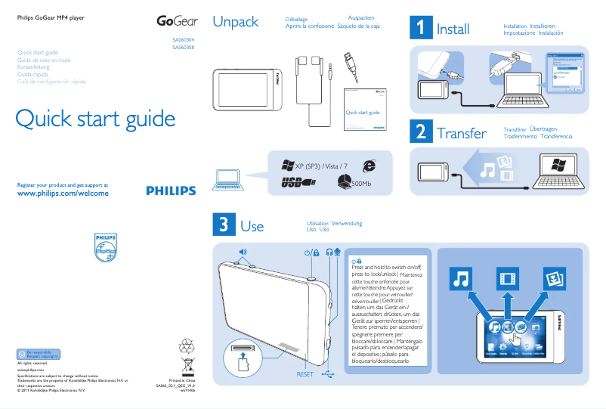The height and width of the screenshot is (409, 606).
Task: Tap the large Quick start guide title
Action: tap(95, 119)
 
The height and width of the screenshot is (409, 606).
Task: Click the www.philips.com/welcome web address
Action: tap(62, 194)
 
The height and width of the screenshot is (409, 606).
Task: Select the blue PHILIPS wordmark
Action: tap(170, 191)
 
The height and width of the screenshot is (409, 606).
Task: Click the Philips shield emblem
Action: tap(107, 248)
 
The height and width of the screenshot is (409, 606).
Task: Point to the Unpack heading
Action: tap(235, 22)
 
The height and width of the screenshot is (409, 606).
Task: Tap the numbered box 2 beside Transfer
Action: tap(420, 132)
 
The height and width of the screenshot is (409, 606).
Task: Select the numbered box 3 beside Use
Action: tap(224, 225)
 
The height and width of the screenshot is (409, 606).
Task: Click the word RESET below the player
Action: tap(305, 374)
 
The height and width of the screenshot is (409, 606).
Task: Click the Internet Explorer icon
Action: tap(369, 165)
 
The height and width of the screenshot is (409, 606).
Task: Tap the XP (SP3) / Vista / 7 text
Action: tap(321, 166)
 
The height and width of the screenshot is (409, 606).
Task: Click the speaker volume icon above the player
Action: tap(243, 252)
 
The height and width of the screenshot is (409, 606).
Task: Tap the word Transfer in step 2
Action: tap(461, 133)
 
